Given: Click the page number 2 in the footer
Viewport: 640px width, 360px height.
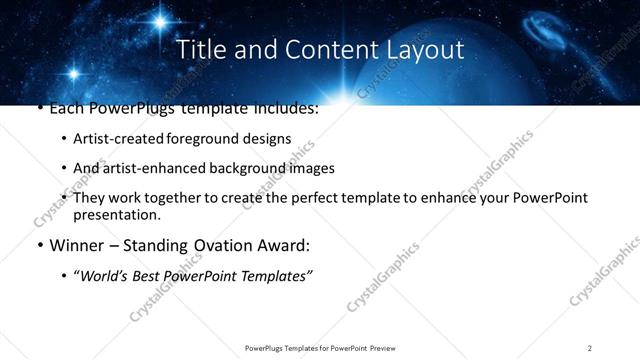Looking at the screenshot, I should click(x=590, y=348).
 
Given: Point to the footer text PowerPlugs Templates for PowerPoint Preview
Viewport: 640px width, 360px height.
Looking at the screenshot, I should click(x=319, y=348).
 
